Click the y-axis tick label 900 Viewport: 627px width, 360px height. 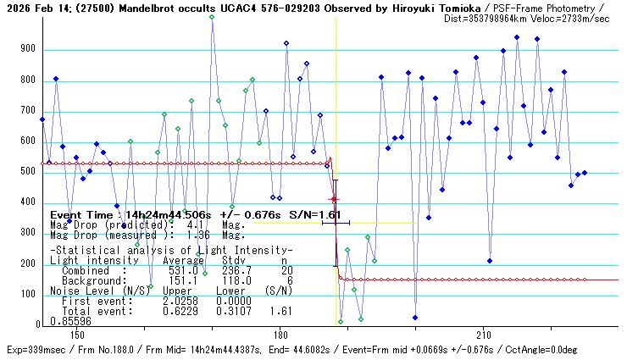click(x=27, y=50)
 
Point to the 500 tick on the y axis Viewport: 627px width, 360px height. click(x=27, y=172)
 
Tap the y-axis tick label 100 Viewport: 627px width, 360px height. click(x=27, y=294)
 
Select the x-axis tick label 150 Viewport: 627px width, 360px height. click(x=77, y=335)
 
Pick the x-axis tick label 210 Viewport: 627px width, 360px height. click(x=484, y=335)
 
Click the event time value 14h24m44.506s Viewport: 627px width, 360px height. click(x=160, y=215)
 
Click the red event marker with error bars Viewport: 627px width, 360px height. click(x=334, y=199)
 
